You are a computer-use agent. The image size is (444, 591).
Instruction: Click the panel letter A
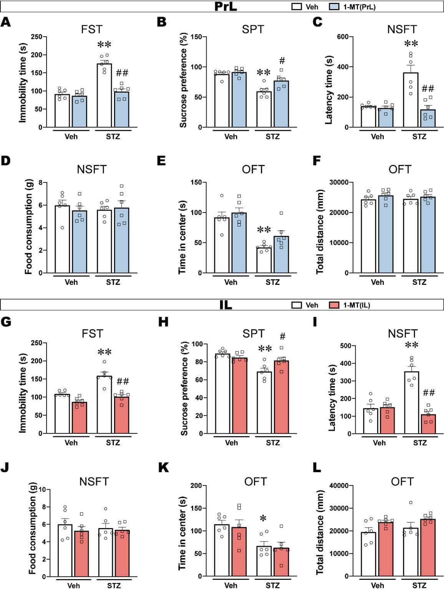5,22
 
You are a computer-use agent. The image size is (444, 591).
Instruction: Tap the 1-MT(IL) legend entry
350,305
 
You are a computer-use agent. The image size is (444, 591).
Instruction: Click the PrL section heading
225,7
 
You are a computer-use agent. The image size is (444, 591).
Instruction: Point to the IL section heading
226,305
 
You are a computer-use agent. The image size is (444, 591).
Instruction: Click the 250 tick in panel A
36,37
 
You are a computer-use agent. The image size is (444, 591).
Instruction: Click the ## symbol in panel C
428,89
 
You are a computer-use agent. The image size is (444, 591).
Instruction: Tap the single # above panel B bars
282,61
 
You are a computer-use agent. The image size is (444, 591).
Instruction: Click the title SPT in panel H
253,334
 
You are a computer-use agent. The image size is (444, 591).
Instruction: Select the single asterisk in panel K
263,519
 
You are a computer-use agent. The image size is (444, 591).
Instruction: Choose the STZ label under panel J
114,586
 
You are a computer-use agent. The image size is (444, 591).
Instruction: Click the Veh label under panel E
231,282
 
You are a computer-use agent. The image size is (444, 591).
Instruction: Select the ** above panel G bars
104,352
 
